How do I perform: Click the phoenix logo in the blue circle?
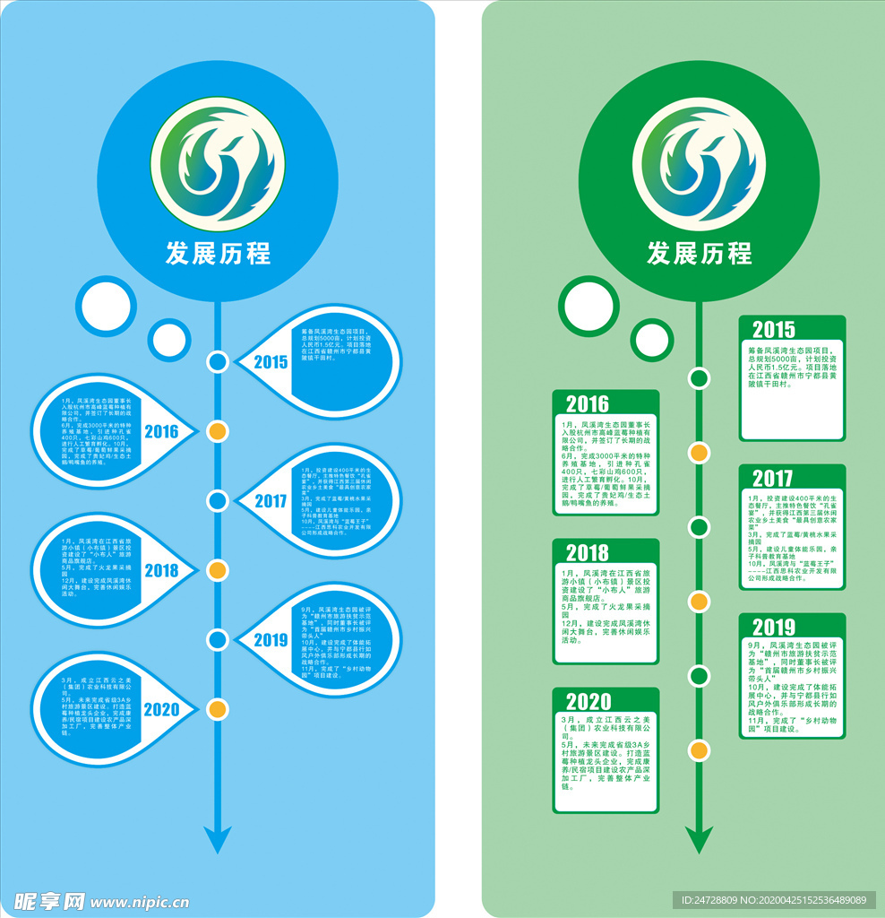(218, 163)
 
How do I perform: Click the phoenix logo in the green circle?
(699, 163)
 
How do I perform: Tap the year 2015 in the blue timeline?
(271, 362)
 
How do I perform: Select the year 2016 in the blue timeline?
(161, 431)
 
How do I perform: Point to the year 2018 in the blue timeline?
(161, 570)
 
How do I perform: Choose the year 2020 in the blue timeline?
(161, 709)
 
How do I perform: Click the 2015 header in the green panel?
(773, 330)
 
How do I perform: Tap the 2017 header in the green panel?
(772, 478)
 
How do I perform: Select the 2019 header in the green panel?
(773, 627)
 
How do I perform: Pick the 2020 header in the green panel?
(588, 701)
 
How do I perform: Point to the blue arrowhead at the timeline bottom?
(217, 838)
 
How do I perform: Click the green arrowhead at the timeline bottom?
(699, 839)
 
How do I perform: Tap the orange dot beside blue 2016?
(217, 431)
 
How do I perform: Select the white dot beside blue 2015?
(217, 362)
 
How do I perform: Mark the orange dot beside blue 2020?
(217, 709)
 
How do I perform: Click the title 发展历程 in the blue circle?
(218, 253)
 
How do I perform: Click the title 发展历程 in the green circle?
(700, 253)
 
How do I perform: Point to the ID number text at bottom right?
(774, 900)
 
